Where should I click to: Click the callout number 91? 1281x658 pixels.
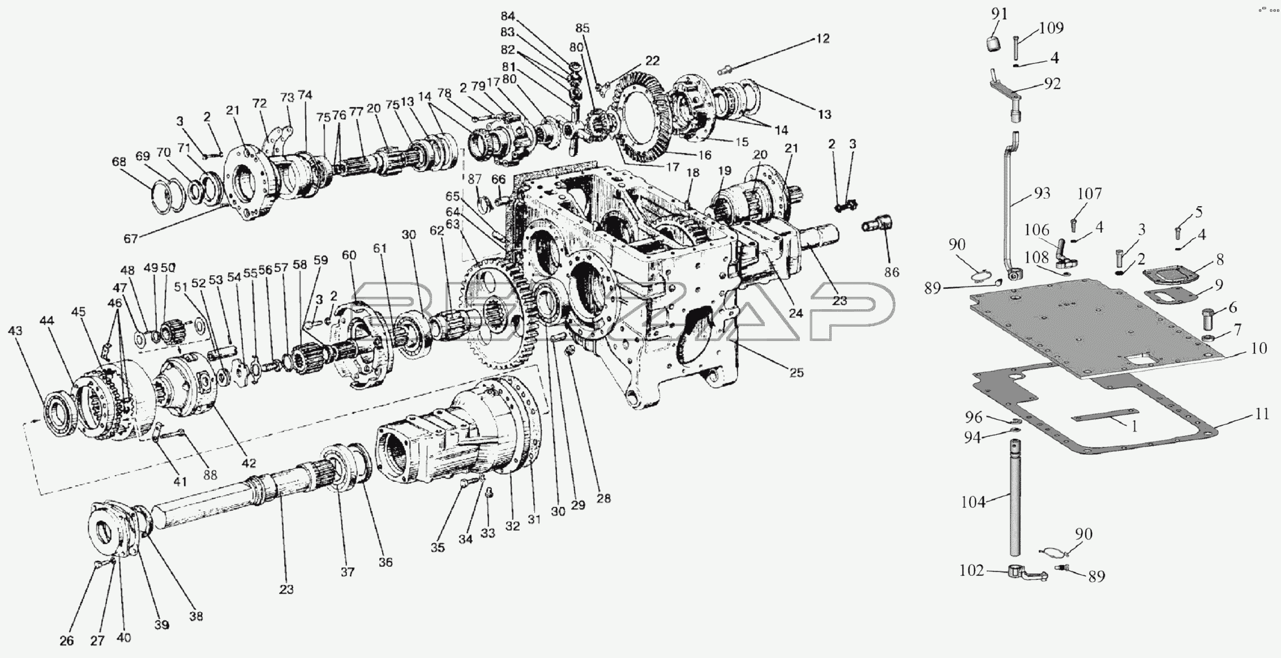1000,14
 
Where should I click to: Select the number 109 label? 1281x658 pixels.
1052,28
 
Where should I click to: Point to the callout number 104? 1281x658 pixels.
974,502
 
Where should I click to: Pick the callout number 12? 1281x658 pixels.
822,39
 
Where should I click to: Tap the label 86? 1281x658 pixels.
892,272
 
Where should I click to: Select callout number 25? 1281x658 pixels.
796,373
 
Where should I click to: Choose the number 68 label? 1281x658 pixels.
119,162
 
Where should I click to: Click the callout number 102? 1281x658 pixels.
972,571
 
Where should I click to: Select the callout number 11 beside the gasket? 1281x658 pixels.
1262,414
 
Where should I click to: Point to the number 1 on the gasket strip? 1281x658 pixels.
1133,426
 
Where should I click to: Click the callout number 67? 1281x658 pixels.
131,239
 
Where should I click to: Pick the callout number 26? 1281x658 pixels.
67,641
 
